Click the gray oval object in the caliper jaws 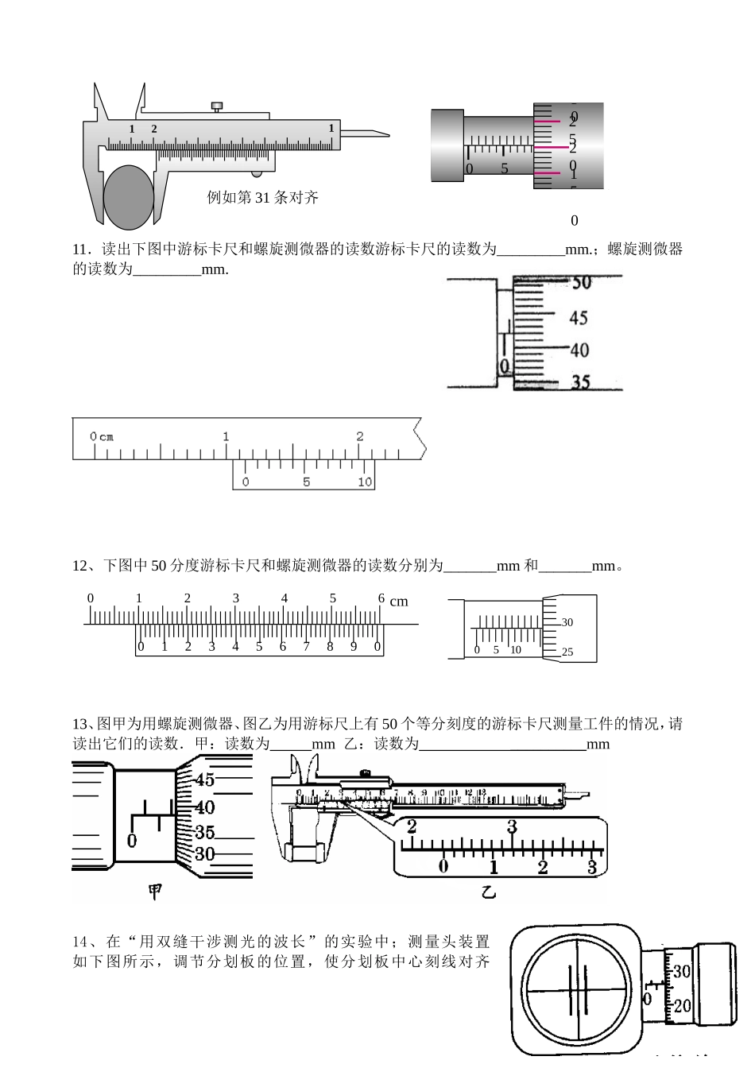[x=128, y=196]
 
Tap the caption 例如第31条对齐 [x=262, y=198]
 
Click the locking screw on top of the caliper [x=217, y=106]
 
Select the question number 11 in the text [x=79, y=250]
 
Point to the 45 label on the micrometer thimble [x=579, y=318]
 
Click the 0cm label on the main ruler [x=101, y=436]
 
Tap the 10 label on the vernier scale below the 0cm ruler [x=364, y=482]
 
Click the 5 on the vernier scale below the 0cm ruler [x=306, y=482]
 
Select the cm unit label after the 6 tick [x=399, y=602]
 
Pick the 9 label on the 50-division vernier [x=354, y=646]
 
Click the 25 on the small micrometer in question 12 [x=567, y=652]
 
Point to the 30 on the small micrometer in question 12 [x=567, y=623]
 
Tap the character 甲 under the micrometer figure [x=156, y=892]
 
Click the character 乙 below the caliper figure [x=488, y=892]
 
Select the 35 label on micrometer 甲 [x=204, y=833]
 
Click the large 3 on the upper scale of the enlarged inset [x=513, y=827]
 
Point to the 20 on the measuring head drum [x=682, y=1006]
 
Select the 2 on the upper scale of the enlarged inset [x=412, y=827]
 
